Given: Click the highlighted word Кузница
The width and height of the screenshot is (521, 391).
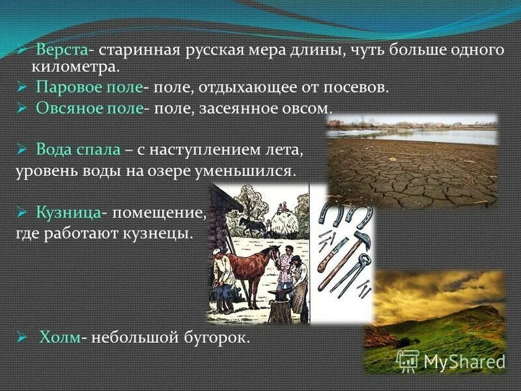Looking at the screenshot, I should (68, 212).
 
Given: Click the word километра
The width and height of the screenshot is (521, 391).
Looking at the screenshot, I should (74, 66).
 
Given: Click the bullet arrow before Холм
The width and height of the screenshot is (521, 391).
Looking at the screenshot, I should (21, 338).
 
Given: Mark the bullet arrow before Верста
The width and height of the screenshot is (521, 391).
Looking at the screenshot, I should (21, 51).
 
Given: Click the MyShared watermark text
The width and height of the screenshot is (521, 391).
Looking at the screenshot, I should (464, 360).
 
